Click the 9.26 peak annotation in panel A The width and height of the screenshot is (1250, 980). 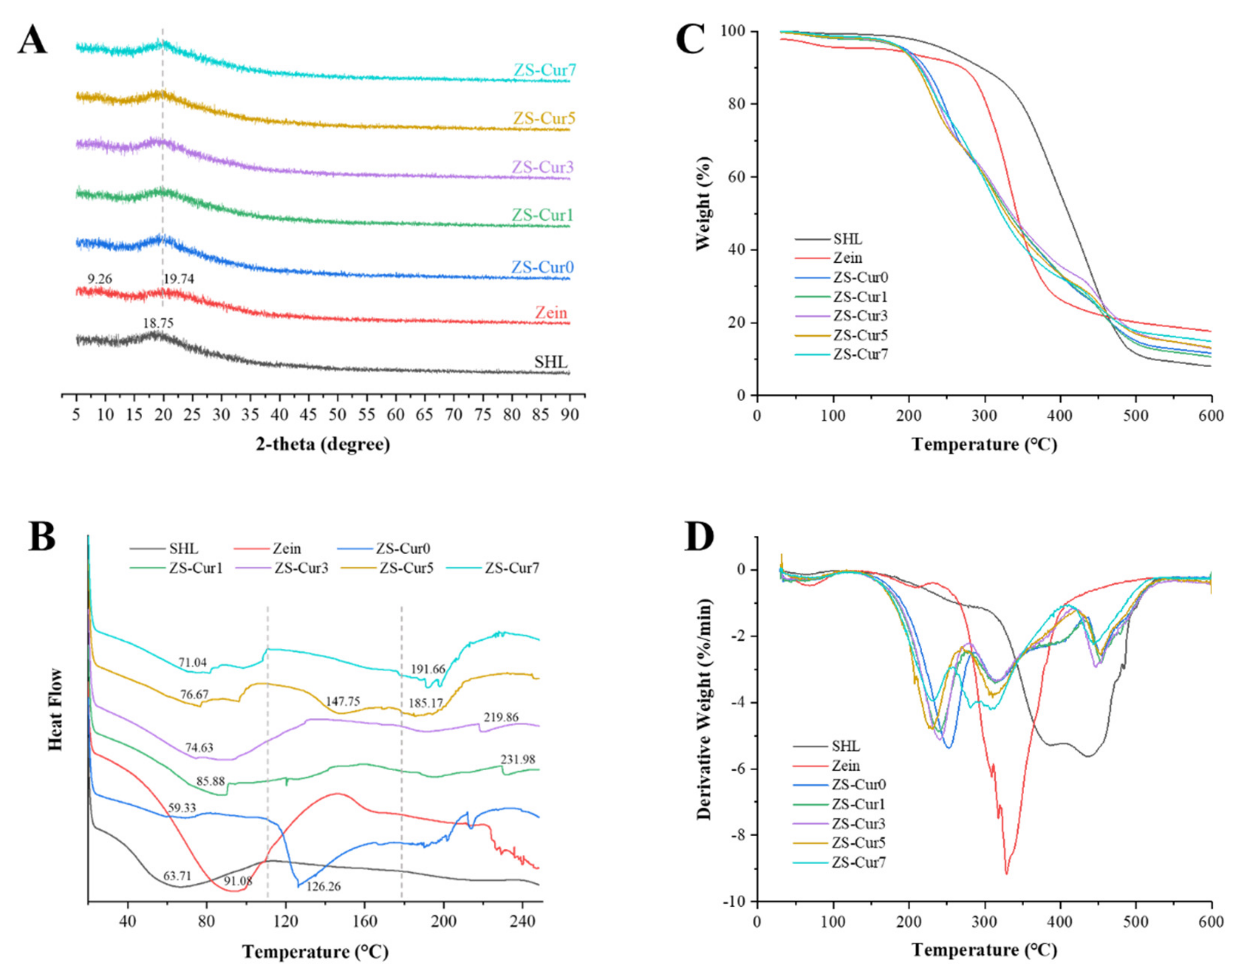pyautogui.click(x=100, y=280)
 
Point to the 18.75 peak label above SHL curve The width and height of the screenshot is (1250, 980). pyautogui.click(x=158, y=324)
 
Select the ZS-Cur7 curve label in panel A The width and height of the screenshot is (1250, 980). pyautogui.click(x=544, y=71)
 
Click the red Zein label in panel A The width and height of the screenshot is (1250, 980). pyautogui.click(x=551, y=313)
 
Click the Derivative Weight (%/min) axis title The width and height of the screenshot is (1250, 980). pyautogui.click(x=703, y=709)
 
